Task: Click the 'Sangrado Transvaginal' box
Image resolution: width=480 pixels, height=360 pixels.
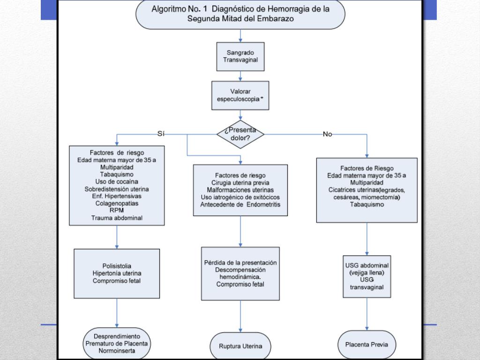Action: coord(240,57)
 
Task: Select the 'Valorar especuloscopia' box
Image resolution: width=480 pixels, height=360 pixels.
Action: coord(240,95)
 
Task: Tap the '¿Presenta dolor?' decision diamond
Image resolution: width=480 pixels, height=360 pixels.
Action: coord(240,134)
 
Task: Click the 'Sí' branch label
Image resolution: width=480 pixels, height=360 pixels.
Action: coord(161,134)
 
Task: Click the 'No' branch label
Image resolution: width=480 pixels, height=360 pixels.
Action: coord(327,134)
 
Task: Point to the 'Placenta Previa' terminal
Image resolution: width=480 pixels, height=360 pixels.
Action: coord(367,345)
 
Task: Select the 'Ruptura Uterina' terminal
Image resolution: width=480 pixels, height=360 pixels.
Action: coord(240,346)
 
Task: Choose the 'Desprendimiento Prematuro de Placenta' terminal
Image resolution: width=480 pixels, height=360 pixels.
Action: coord(117,344)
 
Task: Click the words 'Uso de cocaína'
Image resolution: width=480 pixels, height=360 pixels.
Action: coord(117,181)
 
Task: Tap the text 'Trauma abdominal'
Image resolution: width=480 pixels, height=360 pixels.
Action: coord(117,218)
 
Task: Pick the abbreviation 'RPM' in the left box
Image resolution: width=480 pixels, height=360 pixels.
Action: coord(117,210)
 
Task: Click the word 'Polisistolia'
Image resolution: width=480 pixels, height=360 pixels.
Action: coord(117,266)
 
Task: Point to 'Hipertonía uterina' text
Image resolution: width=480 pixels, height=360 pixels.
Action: coord(117,273)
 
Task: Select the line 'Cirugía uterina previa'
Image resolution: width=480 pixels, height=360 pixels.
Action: coord(240,183)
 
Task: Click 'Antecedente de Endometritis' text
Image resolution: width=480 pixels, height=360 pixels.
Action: coord(240,204)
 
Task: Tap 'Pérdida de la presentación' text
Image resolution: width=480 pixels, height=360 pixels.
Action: coord(240,262)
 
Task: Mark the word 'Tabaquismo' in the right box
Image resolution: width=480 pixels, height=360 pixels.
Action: coord(367,204)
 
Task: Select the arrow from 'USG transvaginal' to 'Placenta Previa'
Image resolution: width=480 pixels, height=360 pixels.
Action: coord(367,314)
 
